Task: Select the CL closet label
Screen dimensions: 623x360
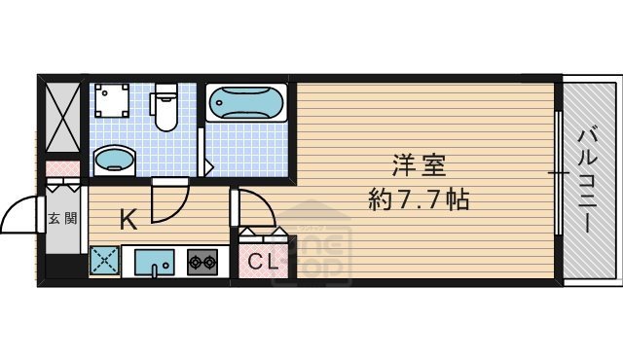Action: point(261,261)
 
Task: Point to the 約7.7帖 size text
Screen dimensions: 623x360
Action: point(420,201)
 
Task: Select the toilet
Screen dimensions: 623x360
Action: point(165,108)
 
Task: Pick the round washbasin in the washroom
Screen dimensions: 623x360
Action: point(115,159)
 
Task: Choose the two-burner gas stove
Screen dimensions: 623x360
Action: point(203,261)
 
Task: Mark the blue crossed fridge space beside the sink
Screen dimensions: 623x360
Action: point(104,261)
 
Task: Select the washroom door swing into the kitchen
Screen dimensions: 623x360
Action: point(168,201)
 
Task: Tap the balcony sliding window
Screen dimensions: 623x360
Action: point(559,174)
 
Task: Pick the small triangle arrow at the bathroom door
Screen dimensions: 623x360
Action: point(207,167)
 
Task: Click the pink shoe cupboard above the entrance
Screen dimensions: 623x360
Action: point(64,170)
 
